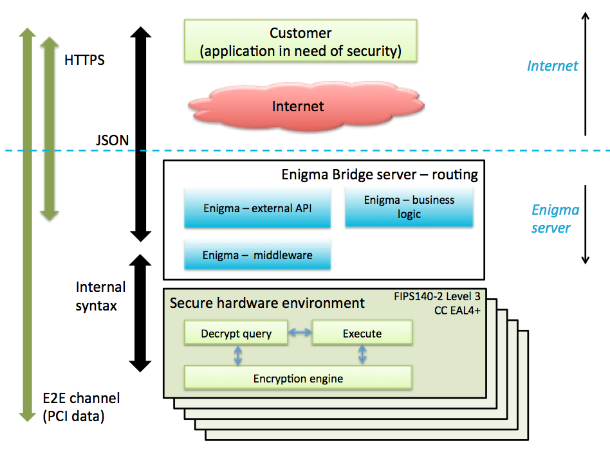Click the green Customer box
pyautogui.click(x=300, y=41)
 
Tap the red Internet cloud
pyautogui.click(x=298, y=106)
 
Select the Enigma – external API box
pyautogui.click(x=257, y=208)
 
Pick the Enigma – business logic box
pyautogui.click(x=409, y=207)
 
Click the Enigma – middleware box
pyautogui.click(x=257, y=255)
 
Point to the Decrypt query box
pyautogui.click(x=236, y=334)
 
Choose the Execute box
pyautogui.click(x=362, y=334)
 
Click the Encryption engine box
pyautogui.click(x=298, y=378)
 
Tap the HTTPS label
pyautogui.click(x=84, y=60)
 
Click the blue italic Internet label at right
pyautogui.click(x=552, y=66)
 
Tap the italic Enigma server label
pyautogui.click(x=555, y=219)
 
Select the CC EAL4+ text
pyautogui.click(x=457, y=310)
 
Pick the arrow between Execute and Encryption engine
pyautogui.click(x=362, y=355)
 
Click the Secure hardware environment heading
pyautogui.click(x=267, y=303)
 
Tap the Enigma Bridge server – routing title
pyautogui.click(x=380, y=174)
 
